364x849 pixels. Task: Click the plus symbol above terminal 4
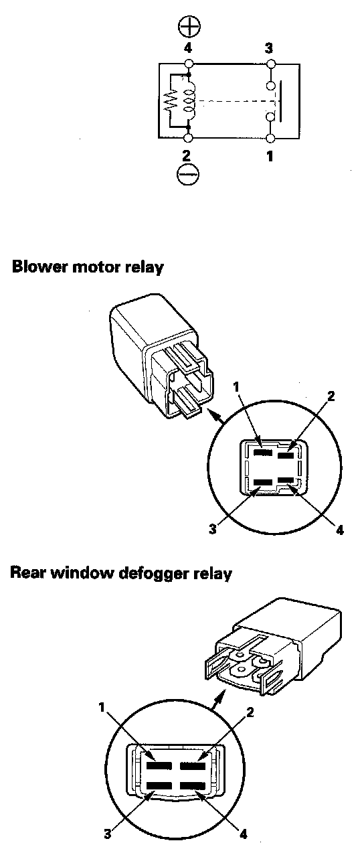pyautogui.click(x=189, y=27)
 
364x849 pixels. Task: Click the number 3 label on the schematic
pyautogui.click(x=268, y=48)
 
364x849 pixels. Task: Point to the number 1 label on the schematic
pyautogui.click(x=270, y=155)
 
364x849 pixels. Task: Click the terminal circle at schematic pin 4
pyautogui.click(x=189, y=64)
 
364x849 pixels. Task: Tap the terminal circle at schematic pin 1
pyautogui.click(x=270, y=138)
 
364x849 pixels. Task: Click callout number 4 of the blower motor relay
pyautogui.click(x=340, y=530)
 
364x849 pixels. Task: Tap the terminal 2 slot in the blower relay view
pyautogui.click(x=286, y=455)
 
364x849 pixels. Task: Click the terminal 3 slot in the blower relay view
pyautogui.click(x=263, y=482)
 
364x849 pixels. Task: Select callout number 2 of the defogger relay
pyautogui.click(x=250, y=712)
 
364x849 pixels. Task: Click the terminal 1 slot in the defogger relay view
pyautogui.click(x=159, y=765)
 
